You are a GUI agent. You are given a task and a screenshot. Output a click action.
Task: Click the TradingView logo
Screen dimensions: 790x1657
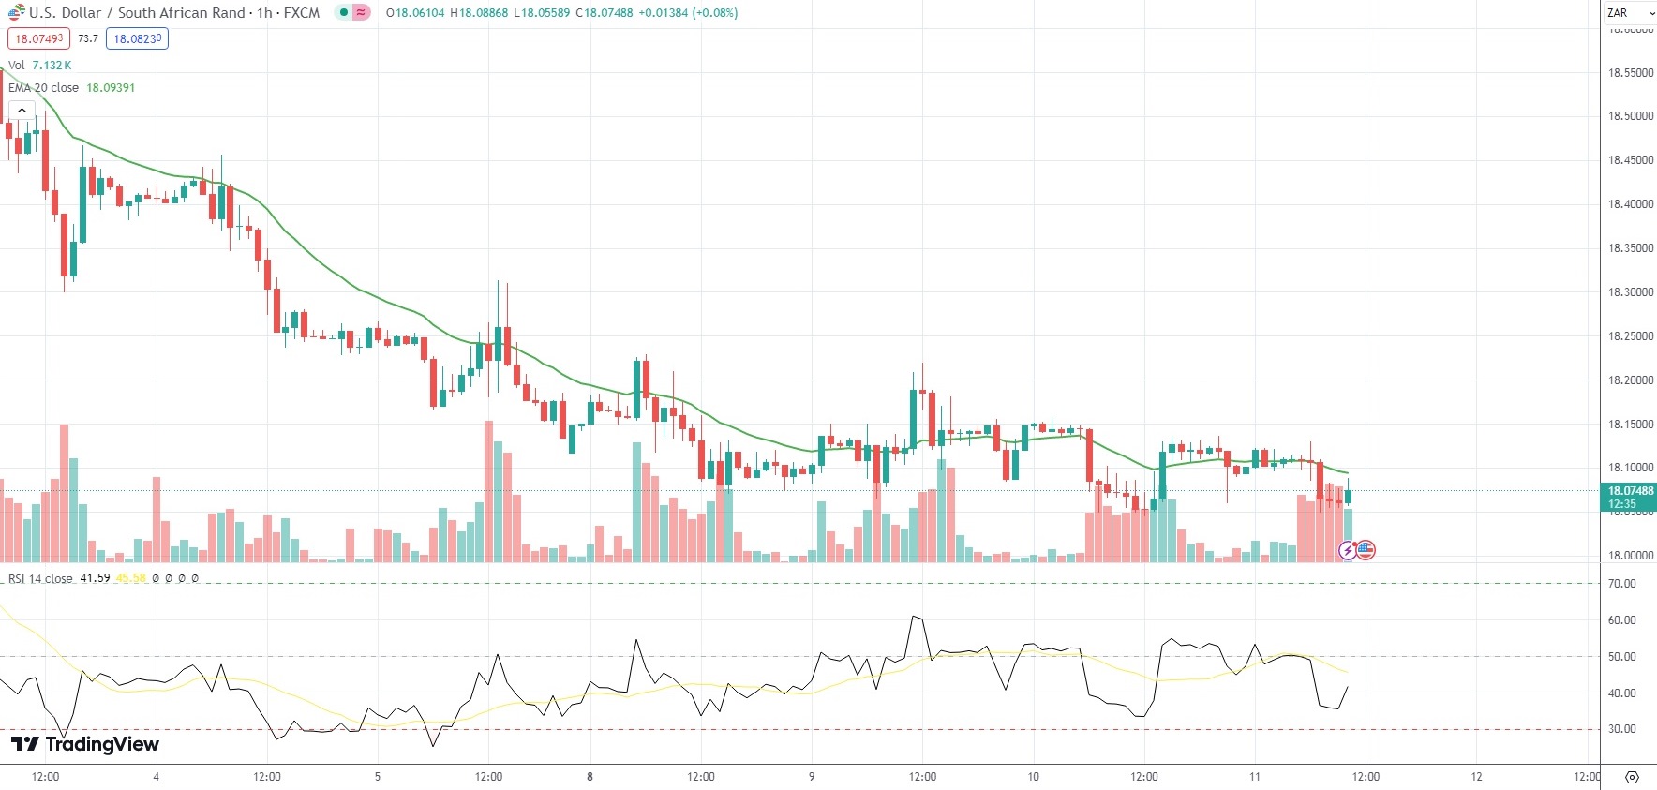point(84,744)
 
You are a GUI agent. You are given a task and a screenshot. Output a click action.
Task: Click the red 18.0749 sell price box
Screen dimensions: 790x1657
point(38,38)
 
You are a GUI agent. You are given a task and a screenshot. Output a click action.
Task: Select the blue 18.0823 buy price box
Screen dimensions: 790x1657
point(137,38)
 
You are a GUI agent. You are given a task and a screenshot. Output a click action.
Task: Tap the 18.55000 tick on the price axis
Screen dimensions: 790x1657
point(1630,73)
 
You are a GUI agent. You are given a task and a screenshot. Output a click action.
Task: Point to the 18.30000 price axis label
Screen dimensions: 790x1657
point(1630,292)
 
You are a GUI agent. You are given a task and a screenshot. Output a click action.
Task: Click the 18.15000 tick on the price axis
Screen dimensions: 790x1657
point(1630,425)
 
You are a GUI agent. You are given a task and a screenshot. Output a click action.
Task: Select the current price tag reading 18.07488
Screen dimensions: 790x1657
point(1630,491)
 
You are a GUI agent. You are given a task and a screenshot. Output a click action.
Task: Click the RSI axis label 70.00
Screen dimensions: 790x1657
point(1621,584)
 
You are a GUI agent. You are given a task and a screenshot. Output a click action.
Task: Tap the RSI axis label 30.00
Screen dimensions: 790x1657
point(1621,729)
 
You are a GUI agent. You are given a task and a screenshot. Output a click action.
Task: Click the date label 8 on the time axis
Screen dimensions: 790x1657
point(590,777)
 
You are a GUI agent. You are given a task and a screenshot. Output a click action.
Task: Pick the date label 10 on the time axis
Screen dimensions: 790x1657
point(1033,777)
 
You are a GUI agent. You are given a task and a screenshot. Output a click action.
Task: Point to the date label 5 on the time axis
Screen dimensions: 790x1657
point(378,777)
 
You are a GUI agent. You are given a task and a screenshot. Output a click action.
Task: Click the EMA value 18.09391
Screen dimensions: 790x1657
point(111,88)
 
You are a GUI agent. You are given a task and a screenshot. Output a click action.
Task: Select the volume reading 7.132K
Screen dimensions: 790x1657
point(52,66)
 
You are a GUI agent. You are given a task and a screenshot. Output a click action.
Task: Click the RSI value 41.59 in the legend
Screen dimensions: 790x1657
point(95,578)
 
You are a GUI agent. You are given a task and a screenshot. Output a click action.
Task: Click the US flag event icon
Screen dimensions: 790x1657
point(1366,550)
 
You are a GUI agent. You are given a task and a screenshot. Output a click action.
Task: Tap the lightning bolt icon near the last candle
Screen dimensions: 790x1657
point(1348,550)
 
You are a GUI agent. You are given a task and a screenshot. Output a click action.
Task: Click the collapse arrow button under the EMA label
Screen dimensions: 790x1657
point(21,111)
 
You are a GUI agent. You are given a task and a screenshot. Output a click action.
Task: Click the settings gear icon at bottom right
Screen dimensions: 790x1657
point(1632,777)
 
